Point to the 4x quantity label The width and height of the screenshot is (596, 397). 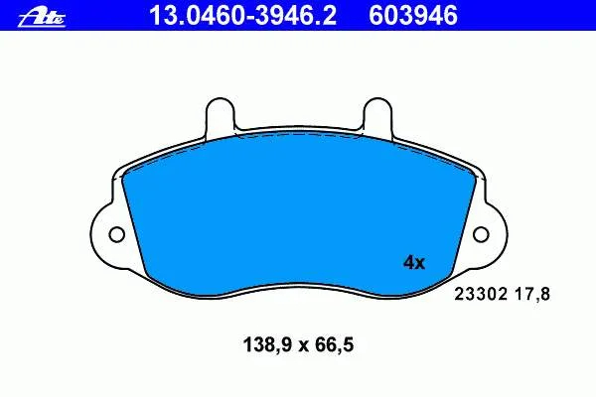(x=413, y=263)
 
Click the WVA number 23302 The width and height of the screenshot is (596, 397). (x=481, y=294)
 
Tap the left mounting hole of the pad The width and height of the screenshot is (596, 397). (x=115, y=235)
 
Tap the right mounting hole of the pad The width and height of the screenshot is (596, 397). (x=481, y=235)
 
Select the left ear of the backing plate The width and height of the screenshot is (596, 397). (x=107, y=235)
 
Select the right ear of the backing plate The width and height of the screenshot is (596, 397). (x=489, y=235)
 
